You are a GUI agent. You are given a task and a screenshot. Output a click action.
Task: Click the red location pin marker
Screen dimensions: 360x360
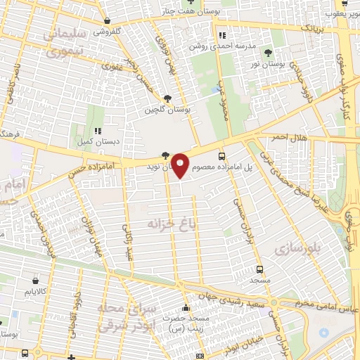click(181, 165)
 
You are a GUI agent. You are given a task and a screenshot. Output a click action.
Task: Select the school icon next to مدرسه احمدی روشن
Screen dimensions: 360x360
click(222, 35)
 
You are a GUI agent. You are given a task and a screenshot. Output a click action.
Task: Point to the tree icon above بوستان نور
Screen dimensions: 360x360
click(268, 53)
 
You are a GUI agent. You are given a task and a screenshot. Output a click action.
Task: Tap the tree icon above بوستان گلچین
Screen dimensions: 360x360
click(167, 98)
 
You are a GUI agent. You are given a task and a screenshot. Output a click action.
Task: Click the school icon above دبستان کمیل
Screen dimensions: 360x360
click(99, 130)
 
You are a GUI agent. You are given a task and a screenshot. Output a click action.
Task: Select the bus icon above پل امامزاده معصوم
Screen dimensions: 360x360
click(223, 156)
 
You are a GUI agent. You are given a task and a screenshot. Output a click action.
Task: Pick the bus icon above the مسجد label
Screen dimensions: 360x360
click(260, 269)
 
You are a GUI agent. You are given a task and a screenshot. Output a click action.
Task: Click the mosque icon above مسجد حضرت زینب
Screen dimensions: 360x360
click(186, 307)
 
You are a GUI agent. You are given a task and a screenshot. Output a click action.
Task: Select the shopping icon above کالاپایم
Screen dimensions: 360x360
click(29, 279)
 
